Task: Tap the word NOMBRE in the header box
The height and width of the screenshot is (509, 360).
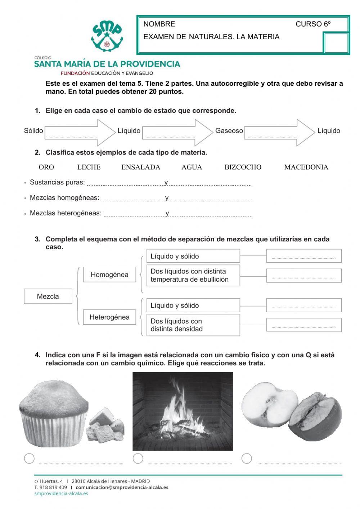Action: (159, 24)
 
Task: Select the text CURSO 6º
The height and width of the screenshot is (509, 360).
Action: (313, 24)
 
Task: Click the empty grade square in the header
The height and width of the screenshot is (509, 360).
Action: (336, 43)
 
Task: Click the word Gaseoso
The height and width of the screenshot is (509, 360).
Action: (229, 131)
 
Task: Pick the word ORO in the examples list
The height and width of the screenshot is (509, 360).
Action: (46, 167)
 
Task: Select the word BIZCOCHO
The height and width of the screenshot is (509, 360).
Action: (243, 167)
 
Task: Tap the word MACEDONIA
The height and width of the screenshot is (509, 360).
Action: (306, 167)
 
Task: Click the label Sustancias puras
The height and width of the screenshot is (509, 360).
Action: (57, 182)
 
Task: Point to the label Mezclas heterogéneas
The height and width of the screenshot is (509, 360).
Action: (66, 213)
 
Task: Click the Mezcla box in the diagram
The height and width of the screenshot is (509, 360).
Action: (48, 296)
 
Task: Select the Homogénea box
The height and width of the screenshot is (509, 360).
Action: (109, 275)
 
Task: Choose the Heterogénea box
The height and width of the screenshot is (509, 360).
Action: (109, 317)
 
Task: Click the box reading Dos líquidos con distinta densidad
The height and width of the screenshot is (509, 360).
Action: (193, 325)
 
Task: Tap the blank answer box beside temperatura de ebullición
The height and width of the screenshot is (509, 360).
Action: (304, 276)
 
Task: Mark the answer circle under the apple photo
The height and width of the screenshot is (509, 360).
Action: (247, 459)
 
